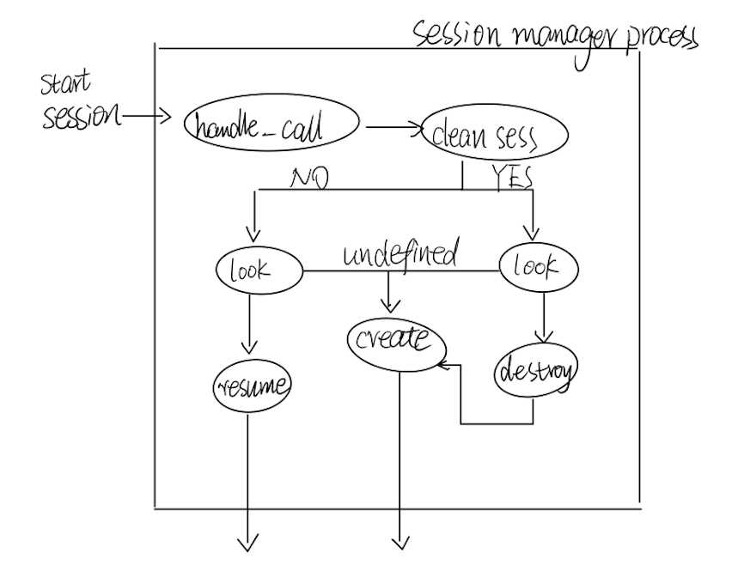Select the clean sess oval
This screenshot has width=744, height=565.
pos(493,137)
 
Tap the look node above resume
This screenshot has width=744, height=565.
pos(258,271)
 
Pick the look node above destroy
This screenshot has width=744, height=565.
pos(539,267)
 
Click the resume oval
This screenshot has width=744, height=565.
pos(252,386)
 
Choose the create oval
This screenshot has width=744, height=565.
pos(397,343)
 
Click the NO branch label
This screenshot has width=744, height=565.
pos(310,179)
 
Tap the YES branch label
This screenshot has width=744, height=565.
pos(512,177)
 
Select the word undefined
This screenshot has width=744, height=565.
pos(400,254)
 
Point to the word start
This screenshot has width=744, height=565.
pos(66,85)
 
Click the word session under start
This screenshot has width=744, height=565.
pos(82,117)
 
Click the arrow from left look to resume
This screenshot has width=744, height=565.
pos(248,322)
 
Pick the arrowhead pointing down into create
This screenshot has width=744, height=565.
pos(392,306)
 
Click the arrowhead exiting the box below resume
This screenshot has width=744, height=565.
pos(248,543)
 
